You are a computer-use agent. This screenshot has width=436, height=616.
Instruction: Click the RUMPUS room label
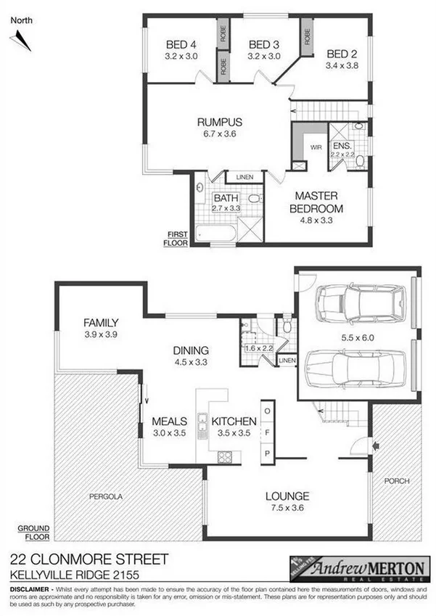220,122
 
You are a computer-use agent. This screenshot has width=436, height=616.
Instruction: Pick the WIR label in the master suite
316,147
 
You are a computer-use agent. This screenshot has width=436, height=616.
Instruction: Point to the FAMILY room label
100,322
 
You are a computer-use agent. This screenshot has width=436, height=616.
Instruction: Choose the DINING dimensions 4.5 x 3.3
191,361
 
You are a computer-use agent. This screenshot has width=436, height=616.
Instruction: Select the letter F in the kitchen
266,432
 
